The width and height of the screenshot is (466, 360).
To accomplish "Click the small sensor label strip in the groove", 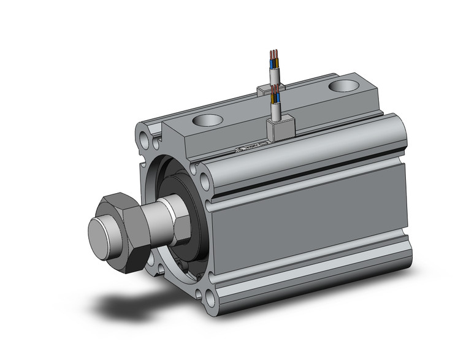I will [x=248, y=148].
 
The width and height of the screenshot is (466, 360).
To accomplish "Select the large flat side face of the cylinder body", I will [x=307, y=221].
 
